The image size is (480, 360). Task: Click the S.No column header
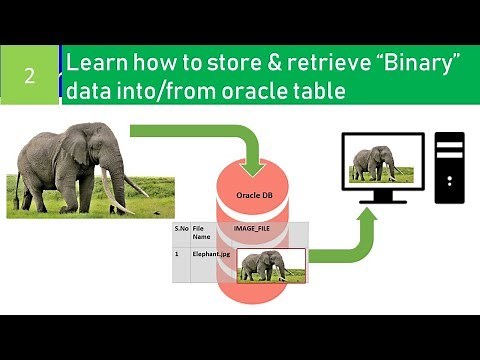coord(180,231)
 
